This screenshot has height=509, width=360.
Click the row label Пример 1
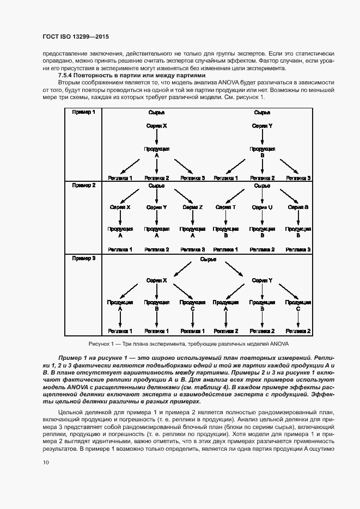point(83,112)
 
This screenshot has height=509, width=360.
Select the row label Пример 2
point(83,185)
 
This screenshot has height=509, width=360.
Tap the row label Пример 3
point(83,258)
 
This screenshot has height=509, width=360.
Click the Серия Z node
point(192,207)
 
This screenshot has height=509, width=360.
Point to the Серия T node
point(225,207)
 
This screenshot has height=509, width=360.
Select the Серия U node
point(262,207)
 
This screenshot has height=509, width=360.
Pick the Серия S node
point(298,207)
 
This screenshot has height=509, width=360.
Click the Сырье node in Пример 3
point(209,259)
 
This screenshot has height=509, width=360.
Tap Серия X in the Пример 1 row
point(156,126)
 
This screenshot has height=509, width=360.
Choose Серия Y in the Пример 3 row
point(262,280)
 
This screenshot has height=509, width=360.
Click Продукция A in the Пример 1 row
point(156,151)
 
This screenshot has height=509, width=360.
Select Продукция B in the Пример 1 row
point(262,151)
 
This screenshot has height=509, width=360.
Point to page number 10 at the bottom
point(45,462)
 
